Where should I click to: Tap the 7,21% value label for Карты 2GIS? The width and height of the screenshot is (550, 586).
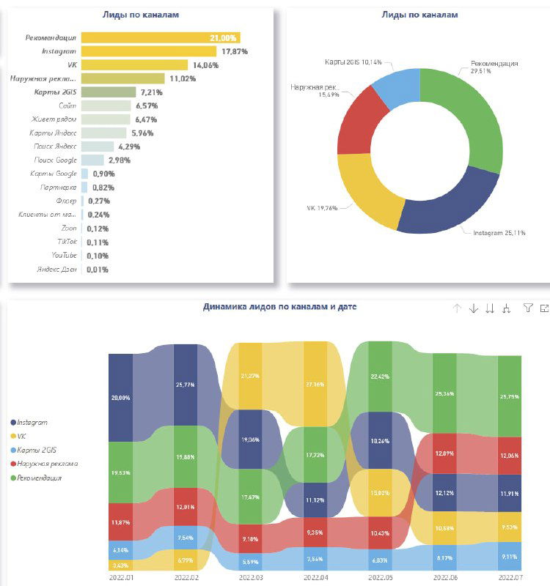151,92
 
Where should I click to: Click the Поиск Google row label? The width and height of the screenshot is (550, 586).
55,160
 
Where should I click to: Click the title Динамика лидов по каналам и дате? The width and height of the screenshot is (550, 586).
279,307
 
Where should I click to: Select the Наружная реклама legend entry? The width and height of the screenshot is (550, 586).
48,464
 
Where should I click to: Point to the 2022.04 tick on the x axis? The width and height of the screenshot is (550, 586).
315,577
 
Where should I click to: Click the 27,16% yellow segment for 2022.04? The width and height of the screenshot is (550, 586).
316,383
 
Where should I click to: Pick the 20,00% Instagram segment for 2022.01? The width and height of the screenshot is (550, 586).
120,397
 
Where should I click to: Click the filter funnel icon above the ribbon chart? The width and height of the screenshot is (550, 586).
527,308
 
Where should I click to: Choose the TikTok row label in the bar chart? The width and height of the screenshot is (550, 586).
67,242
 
